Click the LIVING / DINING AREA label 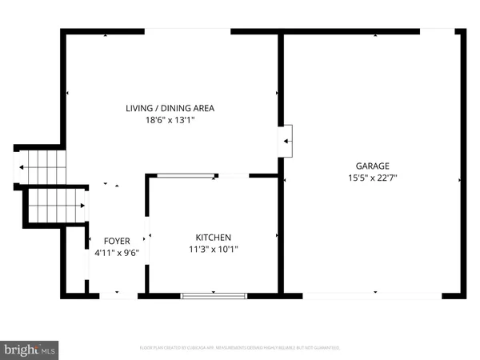tap(170, 108)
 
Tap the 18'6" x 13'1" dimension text tap(170, 121)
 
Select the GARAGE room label tap(373, 166)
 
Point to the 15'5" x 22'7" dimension tap(373, 178)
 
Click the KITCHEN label tap(214, 238)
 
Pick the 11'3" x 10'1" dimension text tap(214, 250)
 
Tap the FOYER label tap(117, 241)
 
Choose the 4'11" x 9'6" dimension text tap(117, 253)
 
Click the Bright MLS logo tap(30, 349)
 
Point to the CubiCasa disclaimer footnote tap(240, 348)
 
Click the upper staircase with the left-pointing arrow tap(40, 167)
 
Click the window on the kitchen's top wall tap(186, 175)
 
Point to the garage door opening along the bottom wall tap(372, 296)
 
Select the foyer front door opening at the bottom tap(118, 296)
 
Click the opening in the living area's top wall tap(188, 31)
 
